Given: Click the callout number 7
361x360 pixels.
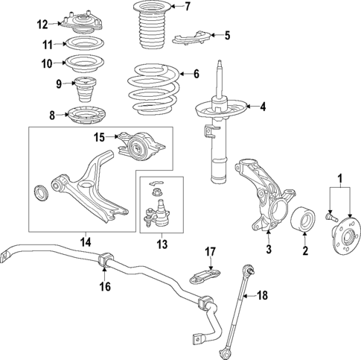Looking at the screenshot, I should click(188, 7).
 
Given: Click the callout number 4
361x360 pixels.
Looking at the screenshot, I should click(262, 106).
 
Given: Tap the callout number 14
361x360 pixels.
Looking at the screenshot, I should click(85, 241).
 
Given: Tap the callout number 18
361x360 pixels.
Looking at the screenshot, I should click(262, 295).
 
